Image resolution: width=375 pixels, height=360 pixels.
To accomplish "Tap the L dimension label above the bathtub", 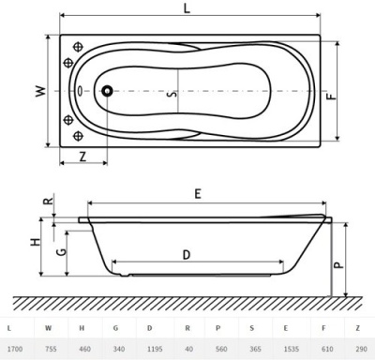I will point(188,8).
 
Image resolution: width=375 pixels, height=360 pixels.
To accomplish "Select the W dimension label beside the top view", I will point(39,92).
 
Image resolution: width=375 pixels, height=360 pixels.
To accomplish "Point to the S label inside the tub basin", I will point(170,93).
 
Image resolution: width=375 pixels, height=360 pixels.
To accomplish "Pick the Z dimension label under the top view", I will point(83,156).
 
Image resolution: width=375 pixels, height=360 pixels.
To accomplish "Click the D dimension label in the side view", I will point(187,254).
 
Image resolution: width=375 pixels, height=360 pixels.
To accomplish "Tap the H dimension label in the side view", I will point(36,242).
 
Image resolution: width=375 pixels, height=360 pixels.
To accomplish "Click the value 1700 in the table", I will point(14,348).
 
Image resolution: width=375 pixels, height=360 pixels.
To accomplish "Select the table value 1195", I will point(150,348).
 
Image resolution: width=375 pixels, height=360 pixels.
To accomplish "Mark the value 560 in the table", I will point(218,348).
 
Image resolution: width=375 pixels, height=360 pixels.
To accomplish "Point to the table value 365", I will point(253,348).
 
